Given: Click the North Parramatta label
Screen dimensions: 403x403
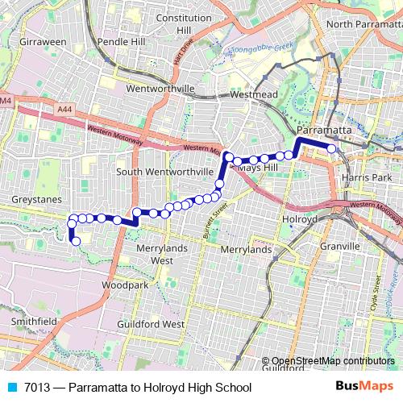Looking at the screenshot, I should point(364,24).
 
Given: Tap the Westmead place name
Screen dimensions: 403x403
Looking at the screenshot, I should point(254,94).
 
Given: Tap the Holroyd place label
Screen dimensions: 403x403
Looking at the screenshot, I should point(301,218).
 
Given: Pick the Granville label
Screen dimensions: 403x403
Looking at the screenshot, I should point(339,246).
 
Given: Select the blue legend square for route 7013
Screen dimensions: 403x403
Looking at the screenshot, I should point(11,387).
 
